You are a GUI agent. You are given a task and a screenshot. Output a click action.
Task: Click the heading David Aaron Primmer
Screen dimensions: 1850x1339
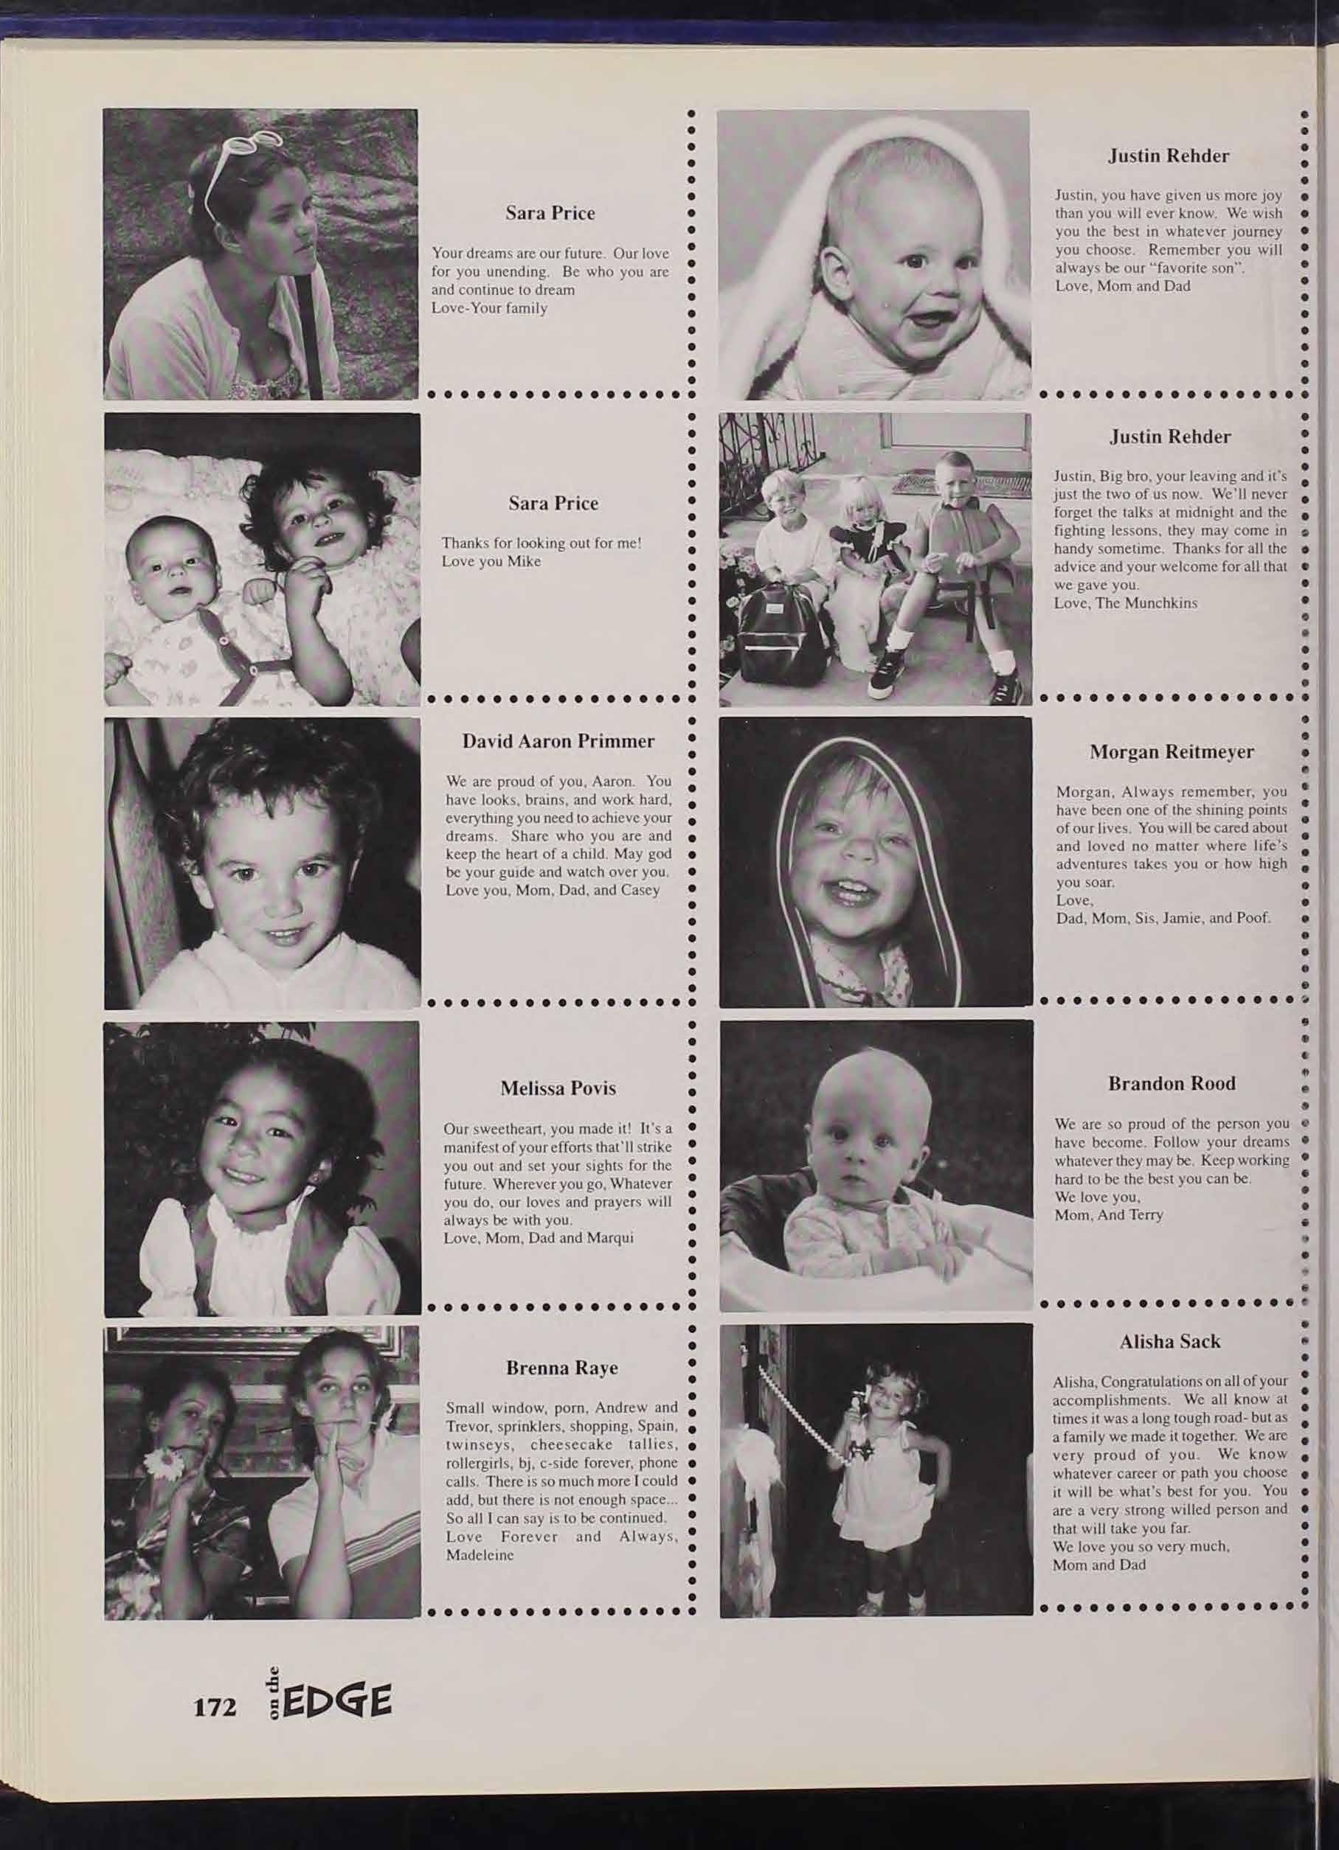click(x=558, y=742)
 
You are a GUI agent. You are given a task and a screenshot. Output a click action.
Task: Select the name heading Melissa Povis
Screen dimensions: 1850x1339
click(x=558, y=1088)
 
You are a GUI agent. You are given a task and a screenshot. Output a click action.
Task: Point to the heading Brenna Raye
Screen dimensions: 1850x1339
click(x=561, y=1368)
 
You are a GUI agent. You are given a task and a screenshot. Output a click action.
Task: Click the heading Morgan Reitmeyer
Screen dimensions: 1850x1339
click(x=1171, y=752)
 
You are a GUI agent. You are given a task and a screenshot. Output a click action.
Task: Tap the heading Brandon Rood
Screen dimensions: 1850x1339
click(x=1171, y=1083)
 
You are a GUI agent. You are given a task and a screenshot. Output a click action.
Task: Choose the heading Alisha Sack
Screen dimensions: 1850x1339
click(x=1169, y=1341)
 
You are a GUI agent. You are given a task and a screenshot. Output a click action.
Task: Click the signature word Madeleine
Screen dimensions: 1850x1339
click(x=479, y=1555)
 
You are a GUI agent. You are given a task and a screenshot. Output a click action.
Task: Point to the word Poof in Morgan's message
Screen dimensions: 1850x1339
click(x=1253, y=919)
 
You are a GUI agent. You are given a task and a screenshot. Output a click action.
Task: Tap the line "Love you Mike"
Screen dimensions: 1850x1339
click(x=491, y=562)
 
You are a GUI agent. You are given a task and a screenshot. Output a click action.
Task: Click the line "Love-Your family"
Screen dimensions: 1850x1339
click(x=489, y=308)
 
